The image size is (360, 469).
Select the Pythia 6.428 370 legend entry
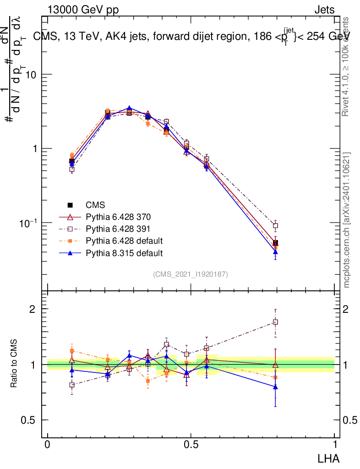(x=118, y=217)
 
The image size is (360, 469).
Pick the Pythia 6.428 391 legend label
(x=118, y=229)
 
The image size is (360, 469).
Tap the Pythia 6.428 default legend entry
(x=123, y=240)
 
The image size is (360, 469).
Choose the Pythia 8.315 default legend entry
(x=123, y=252)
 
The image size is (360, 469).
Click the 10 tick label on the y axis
(x=34, y=75)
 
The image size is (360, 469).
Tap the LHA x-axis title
(x=328, y=458)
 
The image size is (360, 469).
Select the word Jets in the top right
(x=324, y=10)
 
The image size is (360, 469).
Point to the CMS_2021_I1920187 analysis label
(x=191, y=274)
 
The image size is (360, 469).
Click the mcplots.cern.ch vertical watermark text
(x=347, y=220)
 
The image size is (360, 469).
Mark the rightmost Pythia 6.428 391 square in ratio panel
(x=275, y=322)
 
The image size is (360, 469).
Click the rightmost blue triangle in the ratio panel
(x=275, y=387)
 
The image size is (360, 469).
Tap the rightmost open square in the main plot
(x=275, y=225)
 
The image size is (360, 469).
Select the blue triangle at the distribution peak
(x=130, y=108)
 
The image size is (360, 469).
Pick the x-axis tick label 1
(x=334, y=445)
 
